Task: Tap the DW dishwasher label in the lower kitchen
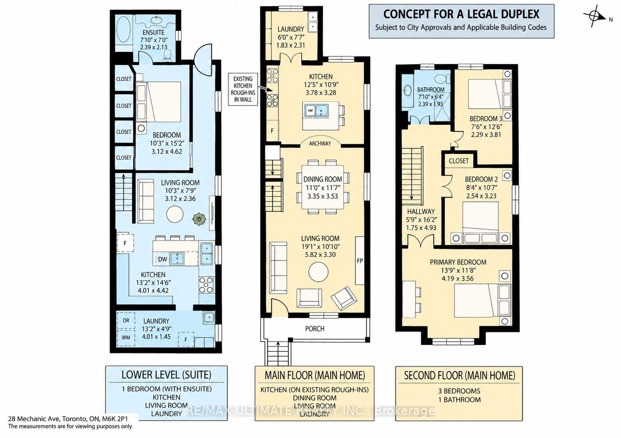(163, 259)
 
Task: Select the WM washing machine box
(126, 338)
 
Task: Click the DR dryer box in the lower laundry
(126, 321)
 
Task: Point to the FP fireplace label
(360, 261)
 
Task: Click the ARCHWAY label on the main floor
(320, 143)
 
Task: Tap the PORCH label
(315, 329)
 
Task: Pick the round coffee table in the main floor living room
(318, 272)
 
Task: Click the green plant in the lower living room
(199, 219)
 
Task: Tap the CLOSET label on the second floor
(459, 161)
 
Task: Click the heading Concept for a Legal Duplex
(461, 15)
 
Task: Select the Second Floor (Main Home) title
(460, 375)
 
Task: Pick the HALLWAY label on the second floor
(421, 212)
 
